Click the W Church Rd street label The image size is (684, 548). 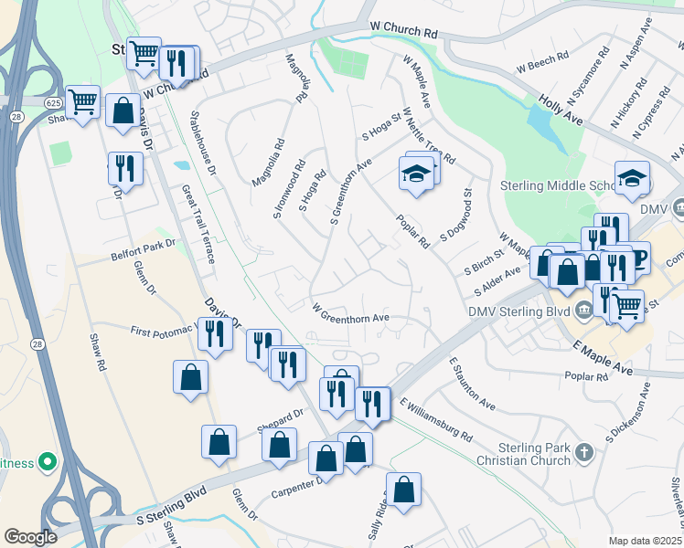click(x=403, y=30)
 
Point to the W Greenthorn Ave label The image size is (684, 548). click(x=351, y=312)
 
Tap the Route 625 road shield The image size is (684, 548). click(x=52, y=104)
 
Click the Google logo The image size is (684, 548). click(x=30, y=537)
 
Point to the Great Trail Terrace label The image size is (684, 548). click(x=198, y=225)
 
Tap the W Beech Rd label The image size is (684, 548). click(x=543, y=65)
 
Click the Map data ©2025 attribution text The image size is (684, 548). click(x=646, y=541)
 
